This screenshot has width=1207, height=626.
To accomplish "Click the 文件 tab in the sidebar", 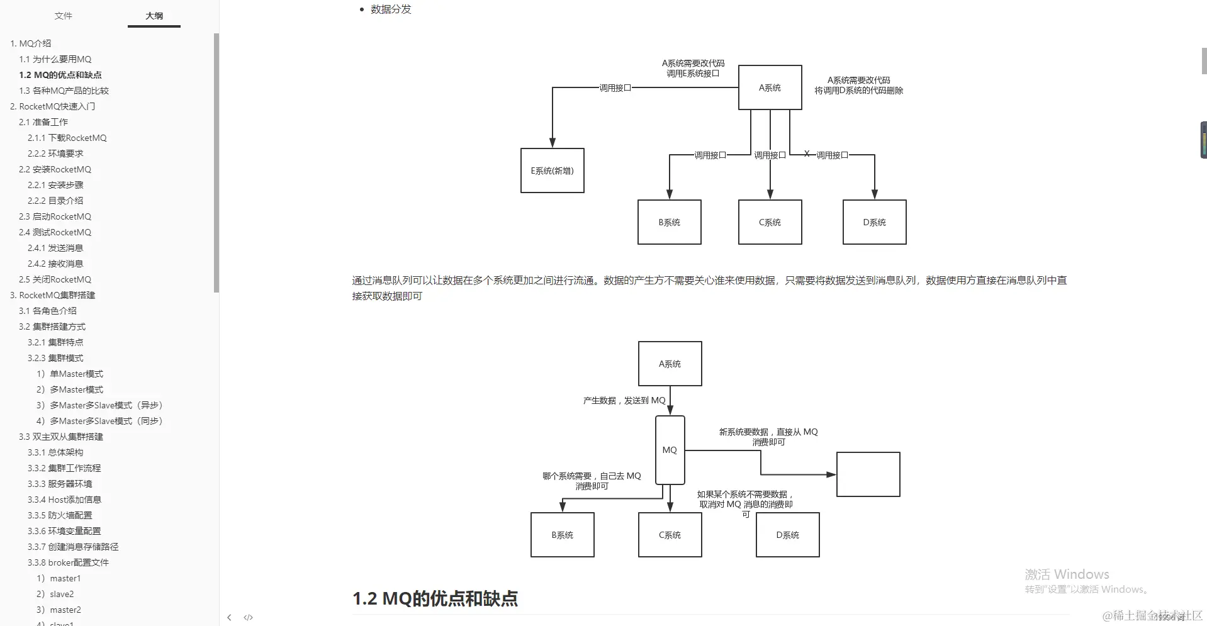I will coord(63,16).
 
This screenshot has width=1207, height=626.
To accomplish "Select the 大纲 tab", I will coord(154,16).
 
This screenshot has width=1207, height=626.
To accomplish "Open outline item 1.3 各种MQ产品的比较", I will coord(64,91).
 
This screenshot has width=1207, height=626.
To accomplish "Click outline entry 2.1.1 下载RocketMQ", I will coord(67,138).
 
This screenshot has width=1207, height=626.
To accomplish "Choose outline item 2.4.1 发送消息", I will coord(55,248).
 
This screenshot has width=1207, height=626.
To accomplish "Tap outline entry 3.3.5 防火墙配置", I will coord(60,515).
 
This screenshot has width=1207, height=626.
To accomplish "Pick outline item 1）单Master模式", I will coord(70,374).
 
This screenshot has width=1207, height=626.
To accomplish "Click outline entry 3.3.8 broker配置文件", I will coord(68,562).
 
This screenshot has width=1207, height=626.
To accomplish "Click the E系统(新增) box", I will coord(552,170).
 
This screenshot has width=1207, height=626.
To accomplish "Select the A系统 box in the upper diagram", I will coord(770,87).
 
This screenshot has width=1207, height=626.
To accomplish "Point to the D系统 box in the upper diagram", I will coord(874,222).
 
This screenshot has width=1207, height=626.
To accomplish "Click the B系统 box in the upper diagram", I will coord(669,222).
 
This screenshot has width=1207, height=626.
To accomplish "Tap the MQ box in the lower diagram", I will coord(670,450).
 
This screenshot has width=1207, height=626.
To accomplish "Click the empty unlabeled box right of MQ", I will coord(868,474).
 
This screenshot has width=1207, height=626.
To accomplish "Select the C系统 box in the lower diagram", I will coord(670,535).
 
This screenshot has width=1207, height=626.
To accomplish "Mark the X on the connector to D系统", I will coord(807,154).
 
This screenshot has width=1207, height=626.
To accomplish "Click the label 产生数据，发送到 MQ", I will coord(624,400).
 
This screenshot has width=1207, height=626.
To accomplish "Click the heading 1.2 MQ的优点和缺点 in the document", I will coord(435,598).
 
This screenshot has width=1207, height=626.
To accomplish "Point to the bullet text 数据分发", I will coord(391,9).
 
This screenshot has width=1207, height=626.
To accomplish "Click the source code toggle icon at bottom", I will coord(248,618).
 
